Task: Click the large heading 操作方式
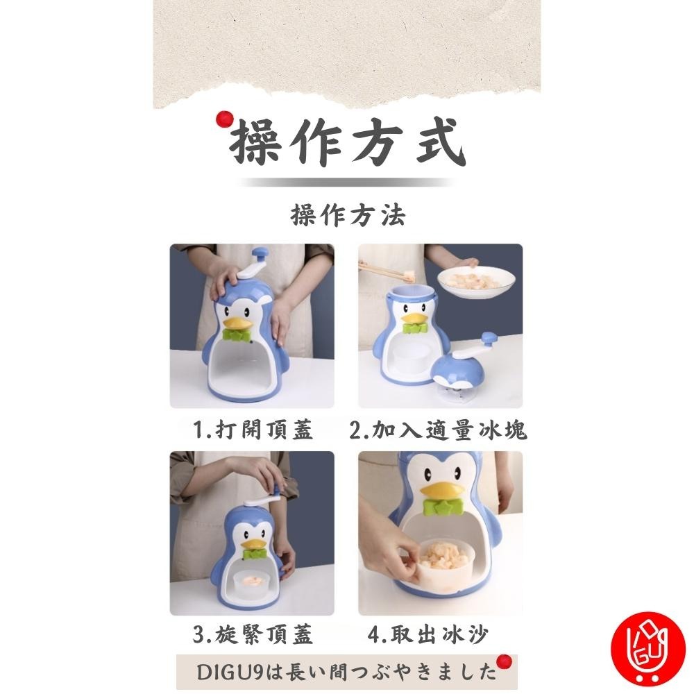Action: (347, 144)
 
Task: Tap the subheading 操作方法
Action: (347, 216)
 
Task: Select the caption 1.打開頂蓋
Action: (253, 430)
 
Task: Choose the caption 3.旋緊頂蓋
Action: (253, 634)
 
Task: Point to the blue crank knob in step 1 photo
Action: (258, 254)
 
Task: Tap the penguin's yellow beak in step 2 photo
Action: (415, 319)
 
